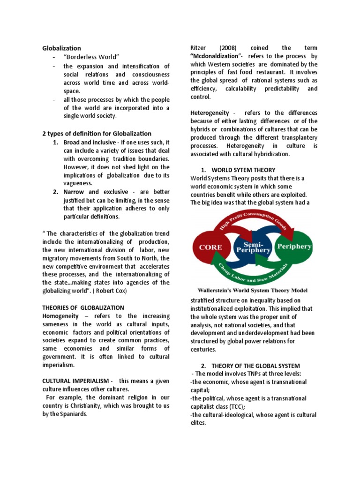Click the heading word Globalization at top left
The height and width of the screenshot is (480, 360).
[x=61, y=48]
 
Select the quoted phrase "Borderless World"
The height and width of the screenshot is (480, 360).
[x=87, y=57]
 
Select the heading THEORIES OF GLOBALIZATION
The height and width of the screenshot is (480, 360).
[x=83, y=308]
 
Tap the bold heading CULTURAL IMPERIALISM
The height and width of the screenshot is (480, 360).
[x=75, y=381]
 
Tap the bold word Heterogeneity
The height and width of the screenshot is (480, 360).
[x=210, y=113]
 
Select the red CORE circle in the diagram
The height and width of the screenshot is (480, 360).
[x=213, y=247]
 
